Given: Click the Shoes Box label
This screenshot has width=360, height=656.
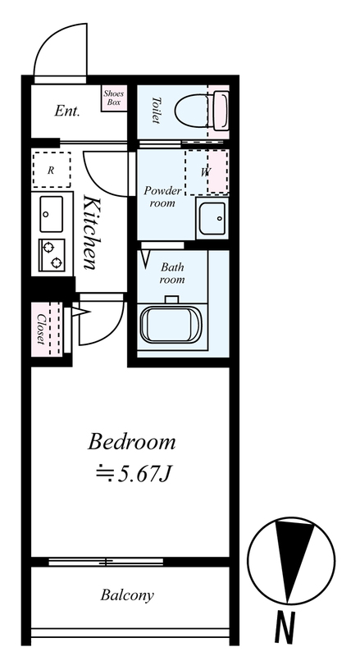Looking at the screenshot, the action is (x=114, y=98).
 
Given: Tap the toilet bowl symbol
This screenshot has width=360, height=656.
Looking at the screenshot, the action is (x=202, y=111).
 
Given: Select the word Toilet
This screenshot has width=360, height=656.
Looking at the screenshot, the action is (x=156, y=111).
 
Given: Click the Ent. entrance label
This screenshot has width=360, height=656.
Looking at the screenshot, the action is (x=67, y=111).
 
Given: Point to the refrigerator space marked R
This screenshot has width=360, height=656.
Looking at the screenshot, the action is (x=52, y=170).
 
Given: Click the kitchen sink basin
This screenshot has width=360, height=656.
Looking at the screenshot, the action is (x=52, y=214).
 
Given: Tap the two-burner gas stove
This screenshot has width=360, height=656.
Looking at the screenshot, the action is (x=52, y=255).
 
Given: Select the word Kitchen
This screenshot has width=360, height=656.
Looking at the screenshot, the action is (x=92, y=232).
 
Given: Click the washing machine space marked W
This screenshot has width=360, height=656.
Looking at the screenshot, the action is (x=207, y=172).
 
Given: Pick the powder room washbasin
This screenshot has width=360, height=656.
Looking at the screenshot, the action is (x=212, y=218).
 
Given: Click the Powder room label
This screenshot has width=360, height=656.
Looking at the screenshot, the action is (x=163, y=197).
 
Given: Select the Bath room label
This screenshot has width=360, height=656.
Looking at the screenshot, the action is (x=172, y=273).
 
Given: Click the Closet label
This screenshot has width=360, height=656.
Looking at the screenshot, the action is (x=41, y=329).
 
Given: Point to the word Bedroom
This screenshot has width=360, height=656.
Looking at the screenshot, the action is (x=131, y=442).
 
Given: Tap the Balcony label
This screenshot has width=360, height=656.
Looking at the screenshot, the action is (x=127, y=595).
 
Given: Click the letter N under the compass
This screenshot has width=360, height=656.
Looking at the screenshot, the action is (x=285, y=627).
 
